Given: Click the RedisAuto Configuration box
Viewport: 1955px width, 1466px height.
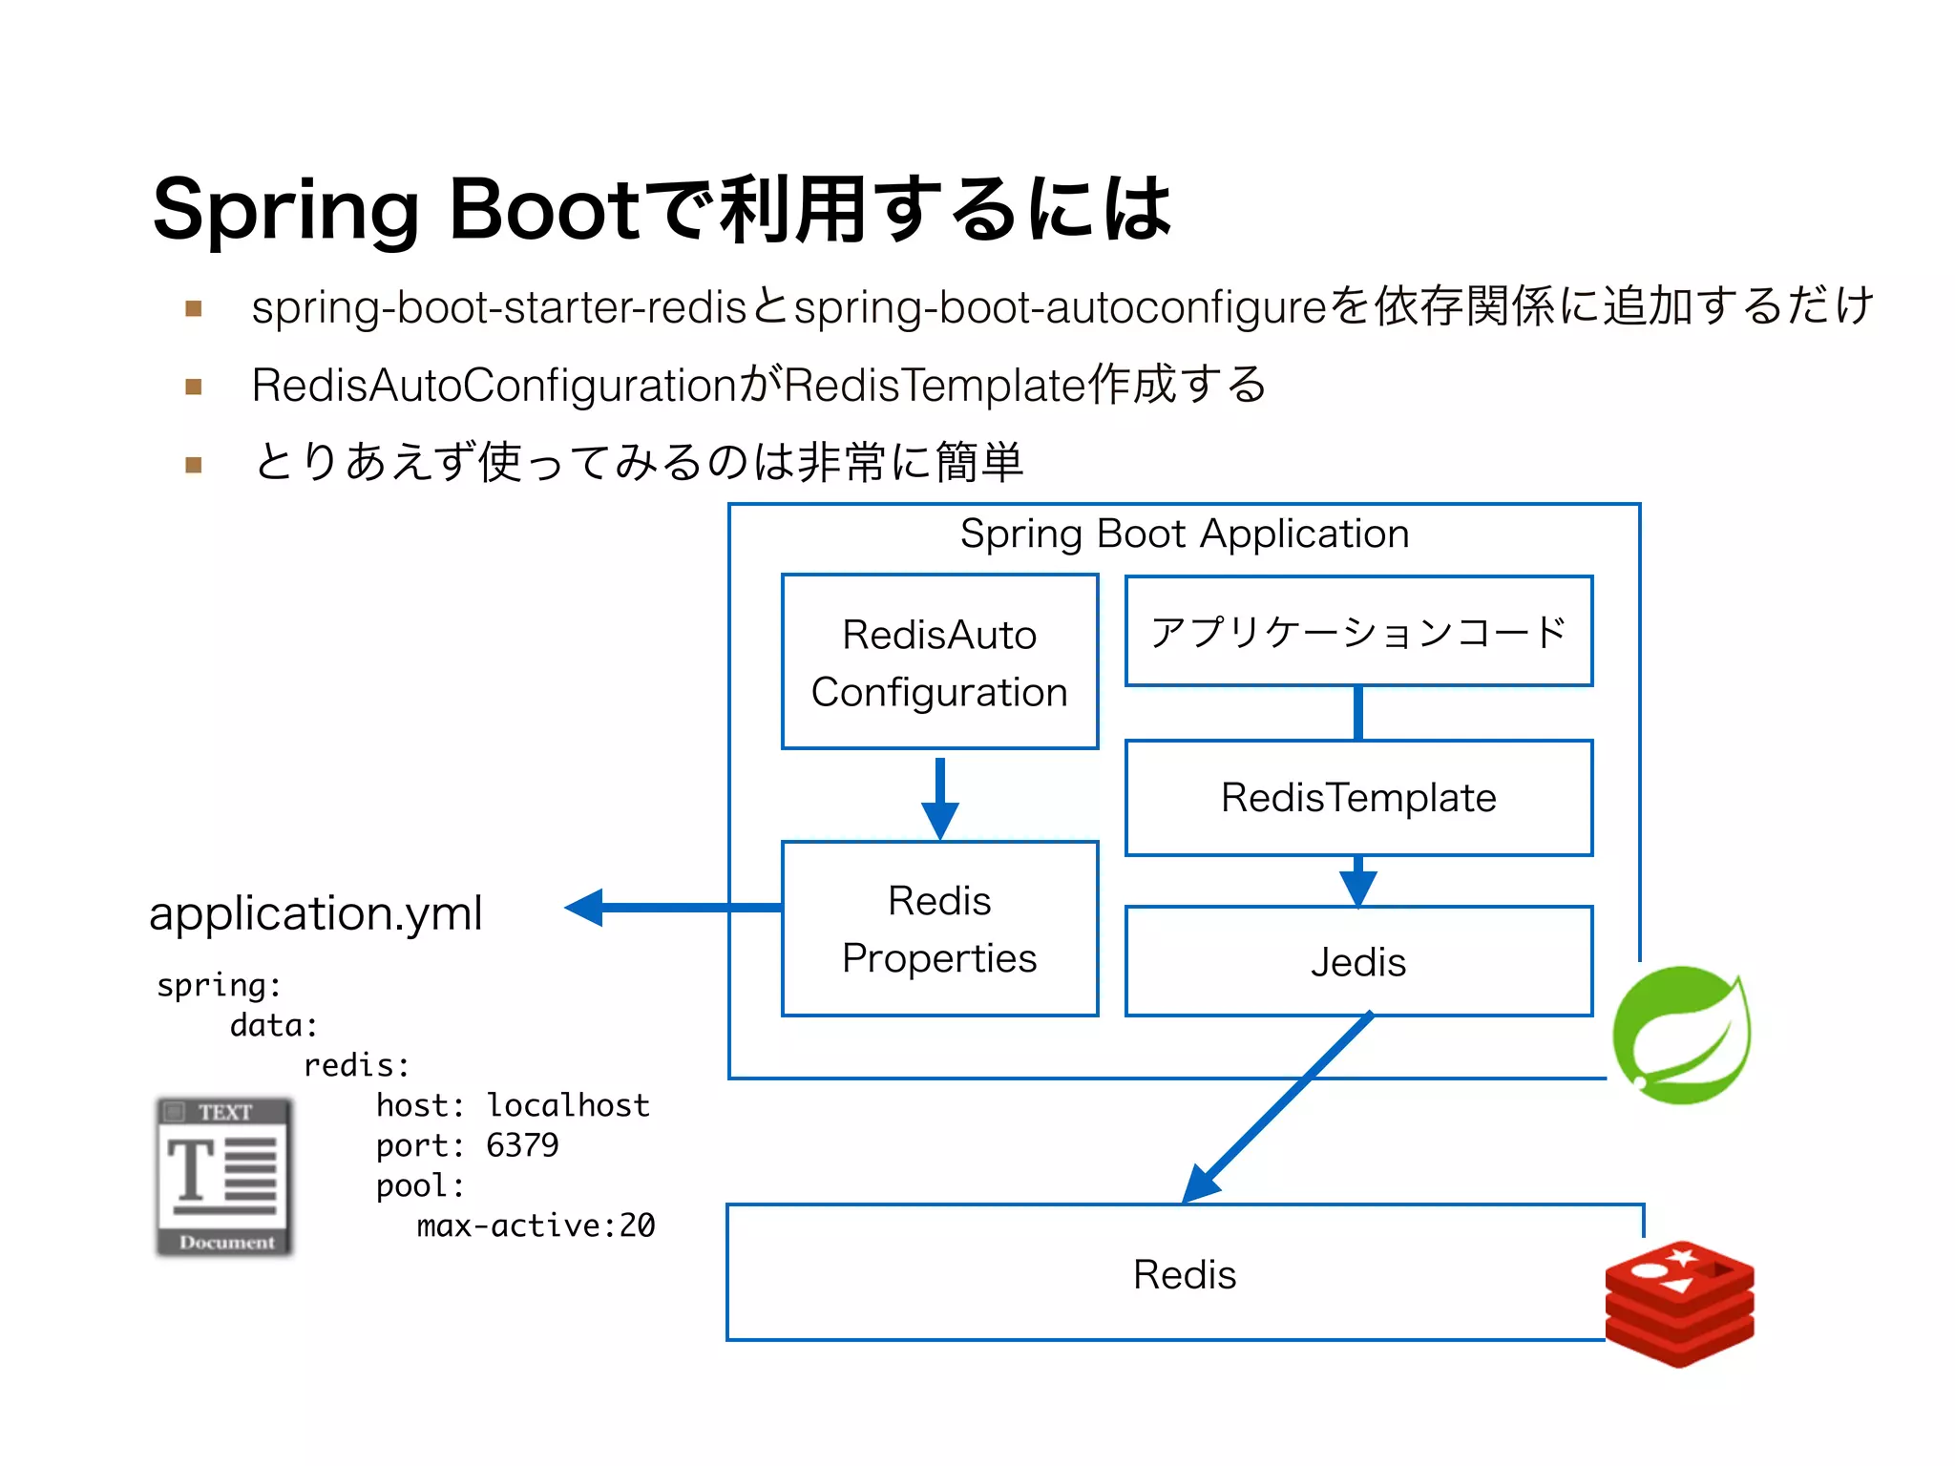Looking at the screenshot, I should pyautogui.click(x=939, y=661).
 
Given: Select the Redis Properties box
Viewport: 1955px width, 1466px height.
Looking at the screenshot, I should pyautogui.click(x=939, y=928).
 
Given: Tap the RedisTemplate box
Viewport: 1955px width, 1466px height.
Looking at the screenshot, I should pyautogui.click(x=1358, y=798).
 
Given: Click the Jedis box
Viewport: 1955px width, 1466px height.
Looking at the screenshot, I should pyautogui.click(x=1358, y=961).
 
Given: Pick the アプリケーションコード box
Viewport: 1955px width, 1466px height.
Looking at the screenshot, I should pyautogui.click(x=1358, y=631).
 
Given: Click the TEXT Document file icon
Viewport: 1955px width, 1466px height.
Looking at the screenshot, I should pyautogui.click(x=225, y=1177).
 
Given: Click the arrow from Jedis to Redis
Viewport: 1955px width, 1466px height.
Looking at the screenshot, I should pyautogui.click(x=1279, y=1107).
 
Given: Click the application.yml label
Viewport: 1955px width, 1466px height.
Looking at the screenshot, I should pyautogui.click(x=316, y=913).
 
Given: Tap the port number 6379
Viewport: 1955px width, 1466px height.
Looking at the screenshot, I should pyautogui.click(x=522, y=1144).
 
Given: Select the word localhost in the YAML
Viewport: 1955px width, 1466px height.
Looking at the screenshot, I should pyautogui.click(x=568, y=1105).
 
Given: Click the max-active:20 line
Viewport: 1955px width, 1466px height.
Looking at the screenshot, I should pyautogui.click(x=536, y=1225).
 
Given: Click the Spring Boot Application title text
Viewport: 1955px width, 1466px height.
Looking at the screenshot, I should pyautogui.click(x=1184, y=534).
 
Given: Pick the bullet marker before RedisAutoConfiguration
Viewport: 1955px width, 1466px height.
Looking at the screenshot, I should pyautogui.click(x=194, y=387).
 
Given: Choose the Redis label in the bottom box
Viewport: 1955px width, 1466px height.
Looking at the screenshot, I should pyautogui.click(x=1184, y=1274).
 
